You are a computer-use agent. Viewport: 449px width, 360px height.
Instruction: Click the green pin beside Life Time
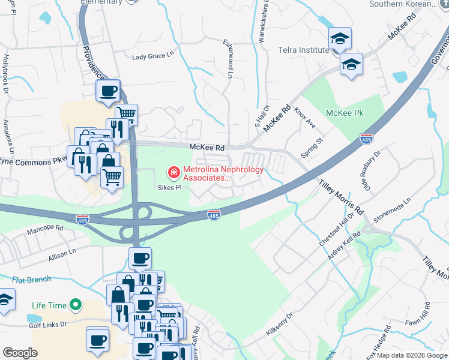75,305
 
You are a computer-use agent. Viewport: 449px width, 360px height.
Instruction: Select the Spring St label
312,147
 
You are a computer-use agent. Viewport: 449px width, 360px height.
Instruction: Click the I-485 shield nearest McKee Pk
366,139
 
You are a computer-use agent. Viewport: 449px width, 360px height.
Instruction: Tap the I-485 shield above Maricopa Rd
82,219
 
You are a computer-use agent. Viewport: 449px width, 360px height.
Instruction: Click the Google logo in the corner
20,353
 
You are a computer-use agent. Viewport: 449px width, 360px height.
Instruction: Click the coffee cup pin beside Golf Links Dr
97,340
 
